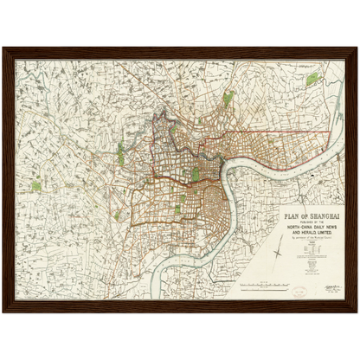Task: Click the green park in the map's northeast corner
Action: (x=312, y=80)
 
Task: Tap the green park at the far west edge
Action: (x=36, y=184)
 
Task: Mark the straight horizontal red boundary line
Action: (x=286, y=132)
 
